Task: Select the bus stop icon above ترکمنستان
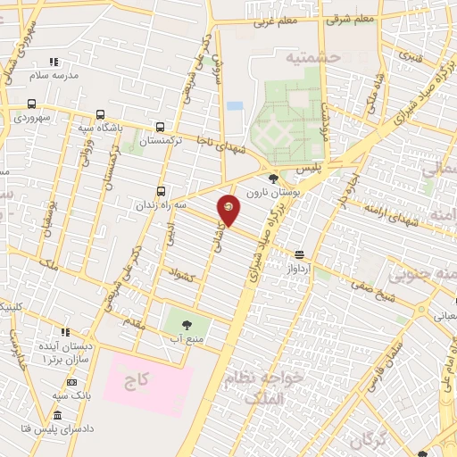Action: [160, 128]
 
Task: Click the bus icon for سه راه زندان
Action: [161, 190]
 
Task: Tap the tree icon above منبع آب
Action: [187, 325]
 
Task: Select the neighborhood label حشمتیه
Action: [313, 56]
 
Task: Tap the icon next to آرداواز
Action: [299, 253]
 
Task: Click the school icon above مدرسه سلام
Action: [54, 62]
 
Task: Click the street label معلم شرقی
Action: [350, 18]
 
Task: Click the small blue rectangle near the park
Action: [235, 105]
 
